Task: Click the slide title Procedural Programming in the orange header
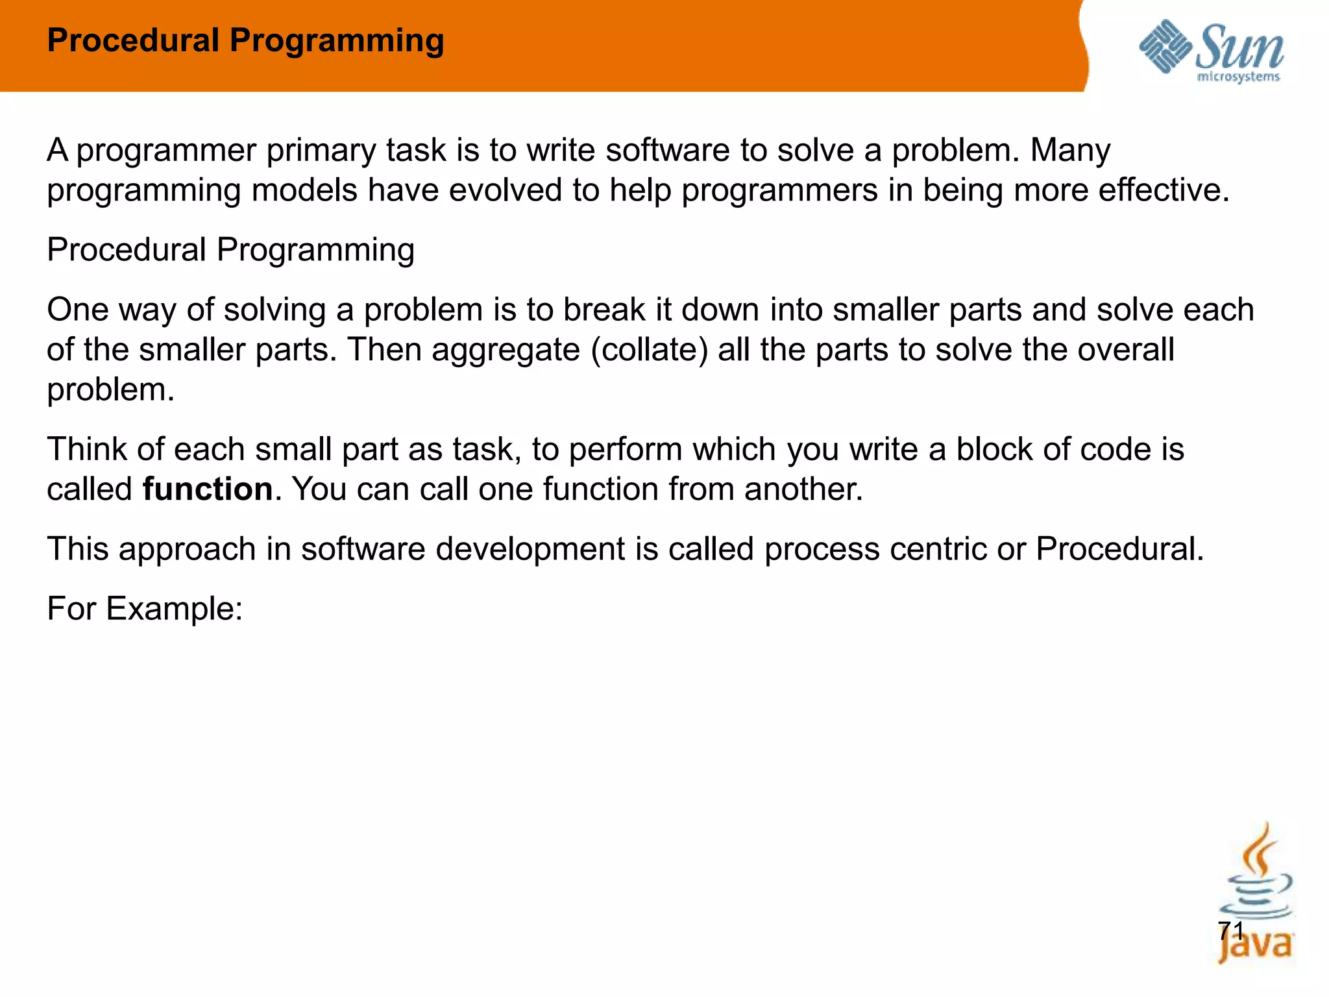coord(245,41)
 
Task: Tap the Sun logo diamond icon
coord(1165,47)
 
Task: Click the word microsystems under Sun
coord(1238,77)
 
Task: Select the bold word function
coord(208,489)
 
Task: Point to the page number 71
coord(1230,931)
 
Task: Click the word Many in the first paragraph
coord(1070,151)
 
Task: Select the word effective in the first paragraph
coord(1162,191)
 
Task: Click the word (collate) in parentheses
coord(649,351)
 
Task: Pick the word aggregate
coord(506,351)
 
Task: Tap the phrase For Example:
coord(145,609)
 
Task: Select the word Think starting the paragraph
coord(87,450)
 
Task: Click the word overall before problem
coord(1126,351)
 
